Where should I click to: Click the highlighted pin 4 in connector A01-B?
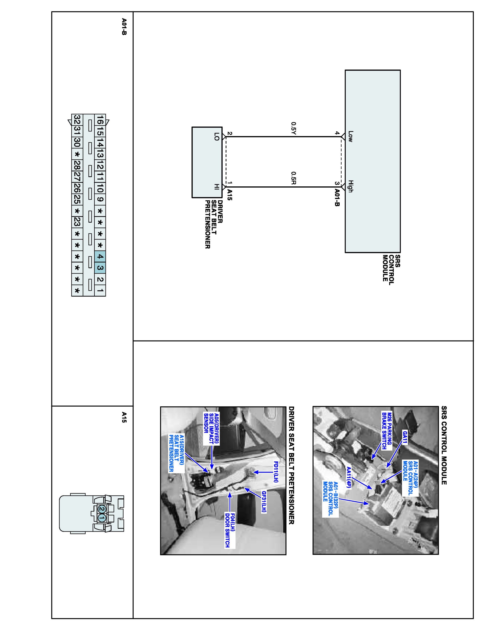pos(100,256)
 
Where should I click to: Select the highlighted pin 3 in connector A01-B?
pos(100,268)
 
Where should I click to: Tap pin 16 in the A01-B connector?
pos(100,120)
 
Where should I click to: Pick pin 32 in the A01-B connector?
pos(77,120)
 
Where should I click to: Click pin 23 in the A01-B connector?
pos(77,222)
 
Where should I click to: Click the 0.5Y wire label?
pos(293,129)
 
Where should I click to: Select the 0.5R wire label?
pos(293,178)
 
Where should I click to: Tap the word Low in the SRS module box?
pos(350,136)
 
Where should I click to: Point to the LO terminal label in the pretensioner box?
pos(217,136)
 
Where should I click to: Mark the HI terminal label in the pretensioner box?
pos(217,187)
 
